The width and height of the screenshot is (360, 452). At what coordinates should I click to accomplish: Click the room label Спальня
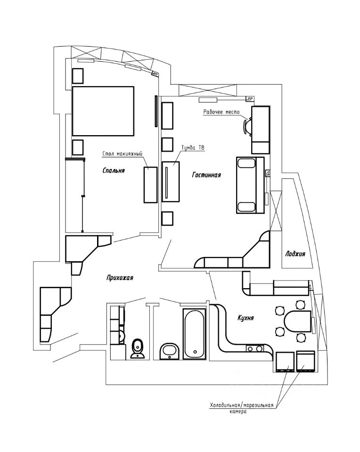(113, 171)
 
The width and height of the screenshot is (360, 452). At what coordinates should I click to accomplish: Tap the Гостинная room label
(206, 175)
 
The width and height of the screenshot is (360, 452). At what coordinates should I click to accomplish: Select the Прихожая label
(120, 278)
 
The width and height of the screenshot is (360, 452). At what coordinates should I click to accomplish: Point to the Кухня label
(245, 318)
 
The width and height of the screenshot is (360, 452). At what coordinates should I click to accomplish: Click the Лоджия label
(295, 254)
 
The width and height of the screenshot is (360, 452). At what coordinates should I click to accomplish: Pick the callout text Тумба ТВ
(193, 147)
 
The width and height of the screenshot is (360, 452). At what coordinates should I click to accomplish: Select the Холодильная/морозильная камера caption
(241, 408)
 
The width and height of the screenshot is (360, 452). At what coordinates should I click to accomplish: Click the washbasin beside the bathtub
(170, 350)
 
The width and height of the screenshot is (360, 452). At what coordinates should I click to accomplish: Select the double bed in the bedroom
(103, 111)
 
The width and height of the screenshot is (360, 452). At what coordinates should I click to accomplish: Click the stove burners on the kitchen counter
(255, 349)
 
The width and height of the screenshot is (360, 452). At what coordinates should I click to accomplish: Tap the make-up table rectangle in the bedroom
(150, 185)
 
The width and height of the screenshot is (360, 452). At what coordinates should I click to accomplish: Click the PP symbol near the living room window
(250, 98)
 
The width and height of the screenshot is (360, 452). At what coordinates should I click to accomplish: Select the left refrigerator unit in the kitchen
(285, 362)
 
